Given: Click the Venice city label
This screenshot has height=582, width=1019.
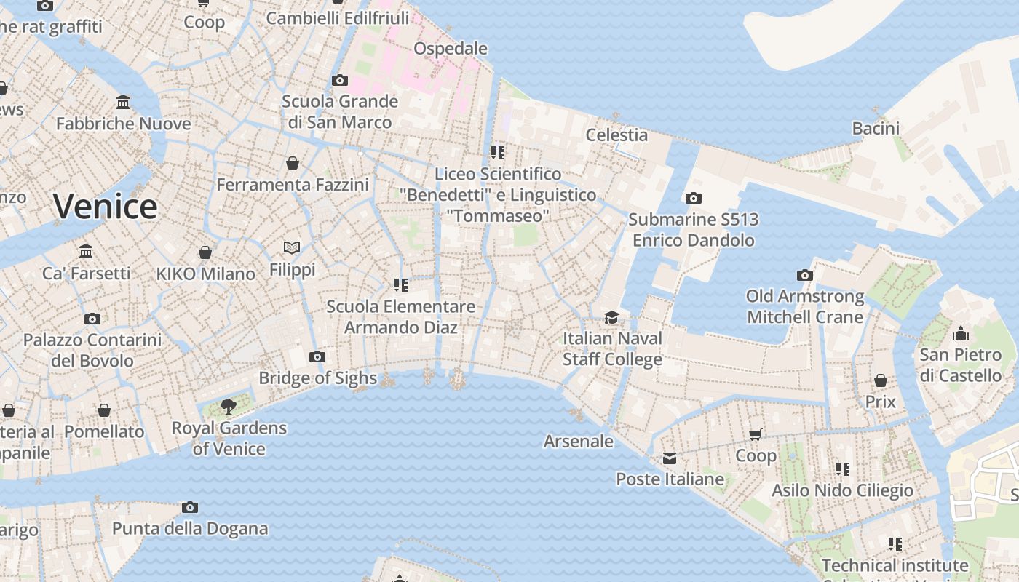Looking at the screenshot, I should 105,207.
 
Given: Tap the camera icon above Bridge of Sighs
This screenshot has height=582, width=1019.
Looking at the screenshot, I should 317,356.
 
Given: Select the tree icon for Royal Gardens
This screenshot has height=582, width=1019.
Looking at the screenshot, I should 229,406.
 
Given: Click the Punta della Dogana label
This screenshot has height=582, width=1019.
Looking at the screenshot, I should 190,529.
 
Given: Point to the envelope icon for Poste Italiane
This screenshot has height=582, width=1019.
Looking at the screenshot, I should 670,458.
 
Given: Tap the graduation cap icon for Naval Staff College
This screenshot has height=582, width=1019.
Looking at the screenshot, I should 611,318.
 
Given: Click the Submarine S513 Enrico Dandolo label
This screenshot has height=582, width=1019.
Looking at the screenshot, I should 693,229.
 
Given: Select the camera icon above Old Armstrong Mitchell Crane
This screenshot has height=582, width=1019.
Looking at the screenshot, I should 804,275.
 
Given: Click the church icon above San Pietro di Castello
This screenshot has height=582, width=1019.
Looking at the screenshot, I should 961,333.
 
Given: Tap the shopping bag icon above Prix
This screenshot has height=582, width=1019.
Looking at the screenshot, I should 881,380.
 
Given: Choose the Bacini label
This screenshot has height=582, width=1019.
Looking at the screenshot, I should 876,129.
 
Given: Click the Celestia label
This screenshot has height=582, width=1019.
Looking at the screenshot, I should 616,135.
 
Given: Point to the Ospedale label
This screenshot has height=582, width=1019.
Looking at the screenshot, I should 451,49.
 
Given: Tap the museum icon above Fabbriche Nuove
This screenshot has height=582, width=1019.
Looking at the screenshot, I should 123,103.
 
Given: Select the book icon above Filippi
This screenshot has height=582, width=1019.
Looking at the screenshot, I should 292,248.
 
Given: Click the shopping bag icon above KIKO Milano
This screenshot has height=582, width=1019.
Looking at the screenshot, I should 205,252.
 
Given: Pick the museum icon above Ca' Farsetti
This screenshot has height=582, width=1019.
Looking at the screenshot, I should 86,252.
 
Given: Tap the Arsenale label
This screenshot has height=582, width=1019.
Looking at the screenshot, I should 579,442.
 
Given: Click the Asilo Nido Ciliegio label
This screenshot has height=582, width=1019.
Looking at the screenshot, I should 842,490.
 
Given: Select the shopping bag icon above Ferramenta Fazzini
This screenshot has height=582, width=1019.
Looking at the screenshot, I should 293,163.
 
